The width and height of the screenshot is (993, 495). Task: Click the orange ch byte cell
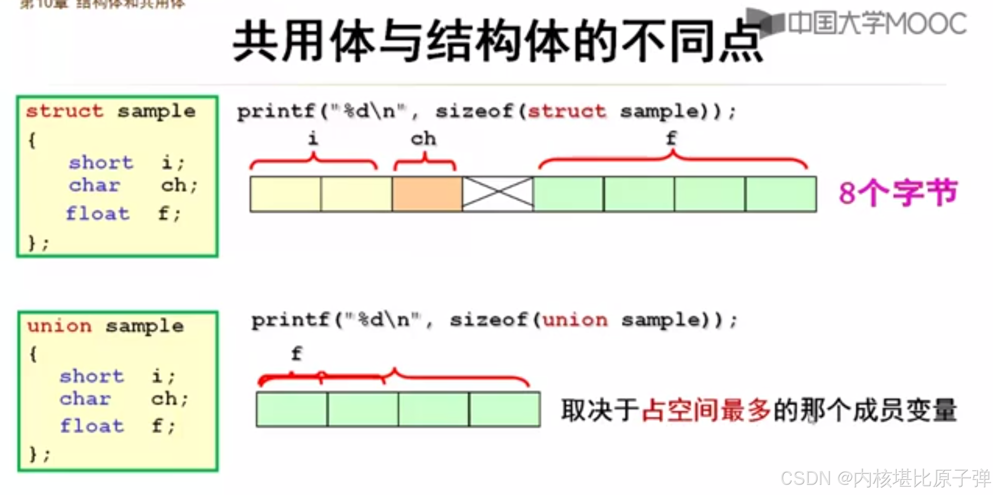pyautogui.click(x=427, y=194)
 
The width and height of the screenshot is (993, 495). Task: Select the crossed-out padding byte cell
pyautogui.click(x=498, y=194)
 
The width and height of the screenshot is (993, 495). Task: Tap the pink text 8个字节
pyautogui.click(x=898, y=193)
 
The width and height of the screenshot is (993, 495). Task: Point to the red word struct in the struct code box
pyautogui.click(x=65, y=111)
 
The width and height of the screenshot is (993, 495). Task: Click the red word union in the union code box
pyautogui.click(x=59, y=326)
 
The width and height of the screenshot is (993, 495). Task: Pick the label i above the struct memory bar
pyautogui.click(x=313, y=138)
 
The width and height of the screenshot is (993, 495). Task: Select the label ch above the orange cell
pyautogui.click(x=423, y=138)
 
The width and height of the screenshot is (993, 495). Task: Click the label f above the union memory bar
pyautogui.click(x=297, y=354)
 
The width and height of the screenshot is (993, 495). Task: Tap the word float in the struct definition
pyautogui.click(x=98, y=214)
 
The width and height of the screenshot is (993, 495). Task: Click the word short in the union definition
pyautogui.click(x=92, y=376)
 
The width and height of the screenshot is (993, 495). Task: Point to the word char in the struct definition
pyautogui.click(x=95, y=185)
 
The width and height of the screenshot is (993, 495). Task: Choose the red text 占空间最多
pyautogui.click(x=706, y=410)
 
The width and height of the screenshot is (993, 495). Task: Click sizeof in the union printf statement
pyautogui.click(x=488, y=320)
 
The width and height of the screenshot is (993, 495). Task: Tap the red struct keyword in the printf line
pyautogui.click(x=566, y=111)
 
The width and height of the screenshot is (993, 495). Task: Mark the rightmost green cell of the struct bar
pyautogui.click(x=780, y=194)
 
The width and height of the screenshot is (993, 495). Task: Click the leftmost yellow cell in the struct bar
pyautogui.click(x=285, y=194)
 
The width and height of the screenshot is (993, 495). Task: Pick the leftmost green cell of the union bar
pyautogui.click(x=292, y=409)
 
